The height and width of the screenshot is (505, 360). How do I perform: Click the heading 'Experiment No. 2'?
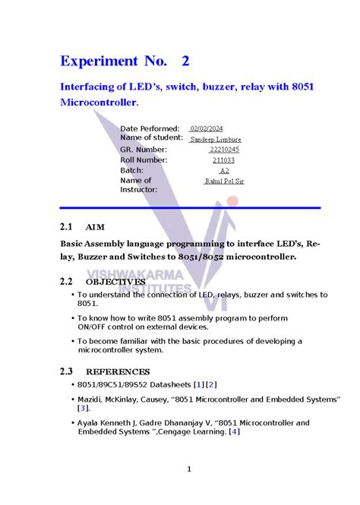(125, 61)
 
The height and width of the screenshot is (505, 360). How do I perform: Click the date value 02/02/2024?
(206, 129)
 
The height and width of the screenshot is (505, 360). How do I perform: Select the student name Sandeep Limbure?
(216, 140)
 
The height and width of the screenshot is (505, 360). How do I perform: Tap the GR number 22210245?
(224, 150)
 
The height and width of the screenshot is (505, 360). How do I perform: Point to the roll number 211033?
(223, 161)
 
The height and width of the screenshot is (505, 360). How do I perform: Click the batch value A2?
(224, 172)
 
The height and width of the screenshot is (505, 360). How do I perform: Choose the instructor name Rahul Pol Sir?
(224, 181)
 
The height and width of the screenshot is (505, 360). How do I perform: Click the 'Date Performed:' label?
(150, 129)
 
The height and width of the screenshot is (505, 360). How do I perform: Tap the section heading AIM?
(96, 227)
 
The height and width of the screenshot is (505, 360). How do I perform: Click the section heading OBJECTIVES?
(115, 282)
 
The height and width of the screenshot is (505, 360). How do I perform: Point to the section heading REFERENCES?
(118, 372)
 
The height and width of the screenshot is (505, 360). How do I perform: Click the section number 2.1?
(66, 227)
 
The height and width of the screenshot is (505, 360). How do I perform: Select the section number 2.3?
(66, 372)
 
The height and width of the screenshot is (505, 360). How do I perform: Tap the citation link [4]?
(235, 432)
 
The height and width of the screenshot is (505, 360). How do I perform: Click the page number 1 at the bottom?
(188, 470)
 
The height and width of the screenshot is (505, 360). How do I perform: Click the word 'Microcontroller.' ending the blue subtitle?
(99, 102)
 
